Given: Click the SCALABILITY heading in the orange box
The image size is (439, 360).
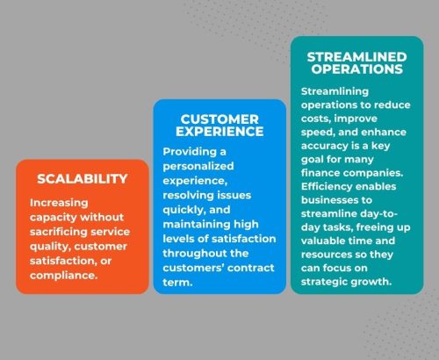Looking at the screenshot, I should (83, 179).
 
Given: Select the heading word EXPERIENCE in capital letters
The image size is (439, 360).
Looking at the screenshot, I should (219, 132).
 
